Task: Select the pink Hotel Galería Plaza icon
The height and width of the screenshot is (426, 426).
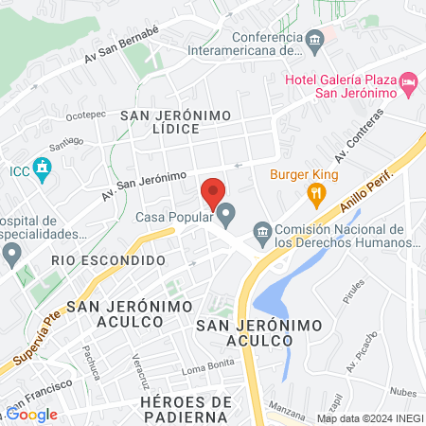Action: coord(409,84)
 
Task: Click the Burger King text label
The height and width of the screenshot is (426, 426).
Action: coord(304,173)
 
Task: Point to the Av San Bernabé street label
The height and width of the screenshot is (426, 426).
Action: coord(120,44)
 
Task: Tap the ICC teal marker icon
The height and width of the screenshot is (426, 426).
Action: coord(42,170)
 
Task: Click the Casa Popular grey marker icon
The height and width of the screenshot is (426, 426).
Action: coord(225,218)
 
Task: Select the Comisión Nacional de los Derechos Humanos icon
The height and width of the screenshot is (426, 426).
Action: coord(264,231)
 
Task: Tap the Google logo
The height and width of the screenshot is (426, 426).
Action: coord(32,414)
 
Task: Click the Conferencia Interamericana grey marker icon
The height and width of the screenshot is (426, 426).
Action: coord(317,38)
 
